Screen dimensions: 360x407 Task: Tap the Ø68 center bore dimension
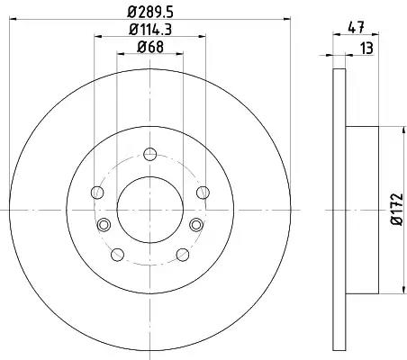[x=150, y=49]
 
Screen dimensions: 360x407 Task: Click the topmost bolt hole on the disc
[x=149, y=154]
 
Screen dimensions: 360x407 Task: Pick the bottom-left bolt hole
[x=117, y=254]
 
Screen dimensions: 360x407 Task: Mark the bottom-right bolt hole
[x=183, y=254]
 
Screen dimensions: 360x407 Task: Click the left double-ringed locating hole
[x=104, y=224]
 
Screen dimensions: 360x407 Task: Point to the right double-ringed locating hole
[x=196, y=224]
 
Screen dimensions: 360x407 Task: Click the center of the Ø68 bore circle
[x=149, y=210]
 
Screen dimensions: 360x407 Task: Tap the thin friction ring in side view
[x=338, y=209]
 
